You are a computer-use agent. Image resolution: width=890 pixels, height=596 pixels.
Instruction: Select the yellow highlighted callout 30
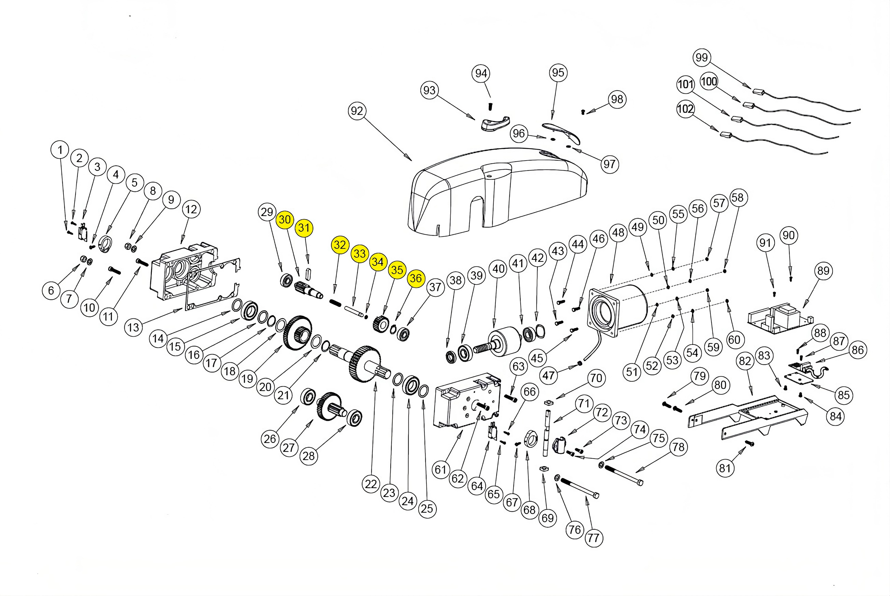click(285, 220)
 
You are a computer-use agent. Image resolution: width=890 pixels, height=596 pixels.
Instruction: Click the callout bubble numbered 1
click(60, 150)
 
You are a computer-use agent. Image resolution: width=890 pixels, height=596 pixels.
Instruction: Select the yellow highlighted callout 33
click(359, 254)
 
